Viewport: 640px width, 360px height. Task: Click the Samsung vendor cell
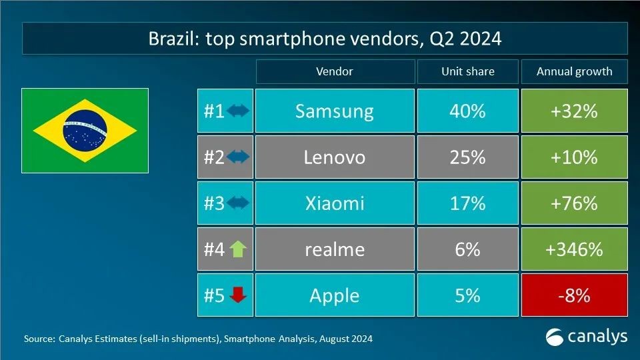click(334, 111)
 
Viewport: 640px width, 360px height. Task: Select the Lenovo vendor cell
click(334, 157)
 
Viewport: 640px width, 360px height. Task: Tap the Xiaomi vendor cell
click(334, 203)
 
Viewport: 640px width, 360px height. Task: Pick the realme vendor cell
click(334, 249)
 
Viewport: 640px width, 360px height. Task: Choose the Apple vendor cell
click(334, 295)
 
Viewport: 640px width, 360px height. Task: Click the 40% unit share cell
click(467, 111)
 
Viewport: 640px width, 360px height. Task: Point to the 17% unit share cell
click(467, 203)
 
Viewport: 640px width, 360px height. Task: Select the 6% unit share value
click(467, 249)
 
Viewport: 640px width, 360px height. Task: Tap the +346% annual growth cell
click(574, 249)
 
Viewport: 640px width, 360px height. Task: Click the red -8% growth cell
click(574, 295)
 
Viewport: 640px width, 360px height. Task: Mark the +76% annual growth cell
click(574, 203)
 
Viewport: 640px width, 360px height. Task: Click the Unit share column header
click(467, 71)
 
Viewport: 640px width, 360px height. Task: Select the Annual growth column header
click(574, 71)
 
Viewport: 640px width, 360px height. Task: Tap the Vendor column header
click(334, 71)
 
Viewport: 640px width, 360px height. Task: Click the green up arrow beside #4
click(237, 249)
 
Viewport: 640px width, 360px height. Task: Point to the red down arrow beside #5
click(237, 295)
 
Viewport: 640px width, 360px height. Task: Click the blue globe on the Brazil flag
click(85, 130)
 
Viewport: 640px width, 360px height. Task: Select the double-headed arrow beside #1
click(237, 111)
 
